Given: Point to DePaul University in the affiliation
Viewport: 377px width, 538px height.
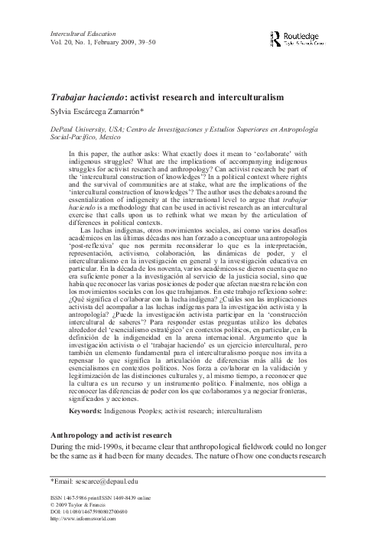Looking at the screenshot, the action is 57,131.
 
